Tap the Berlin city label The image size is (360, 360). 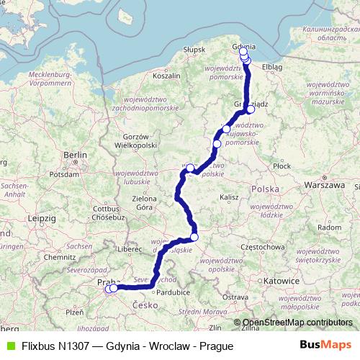tap(75, 155)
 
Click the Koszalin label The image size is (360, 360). tap(166, 75)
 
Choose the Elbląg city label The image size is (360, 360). tap(273, 67)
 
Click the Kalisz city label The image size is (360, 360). tap(230, 197)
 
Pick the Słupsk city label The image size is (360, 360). tap(194, 49)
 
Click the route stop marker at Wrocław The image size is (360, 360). tap(194, 237)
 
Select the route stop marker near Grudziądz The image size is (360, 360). tap(251, 109)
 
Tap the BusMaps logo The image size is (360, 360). tap(326, 346)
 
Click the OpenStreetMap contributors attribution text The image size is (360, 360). tap(297, 323)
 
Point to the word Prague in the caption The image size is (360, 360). tap(217, 346)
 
